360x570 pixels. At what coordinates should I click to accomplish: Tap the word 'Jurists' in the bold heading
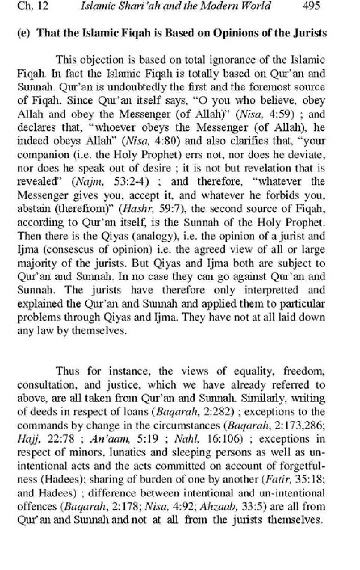point(307,33)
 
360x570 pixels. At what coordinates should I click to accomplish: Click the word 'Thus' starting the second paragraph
point(67,371)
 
